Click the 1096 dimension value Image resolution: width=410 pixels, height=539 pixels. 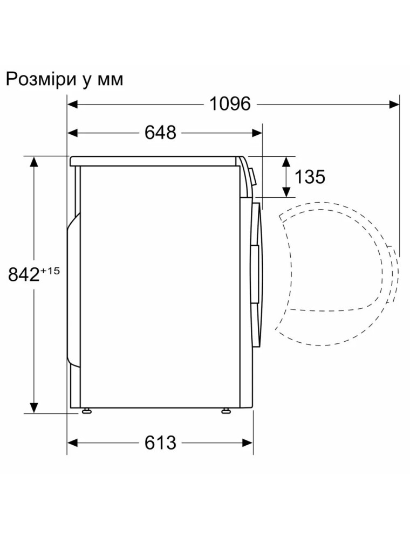(230, 104)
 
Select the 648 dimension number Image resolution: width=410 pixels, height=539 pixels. (160, 133)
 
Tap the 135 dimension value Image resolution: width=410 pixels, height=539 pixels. (310, 177)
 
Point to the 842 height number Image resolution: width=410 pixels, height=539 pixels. (24, 275)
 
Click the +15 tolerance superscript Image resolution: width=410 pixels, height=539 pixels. (50, 271)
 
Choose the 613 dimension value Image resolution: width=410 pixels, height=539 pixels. (160, 443)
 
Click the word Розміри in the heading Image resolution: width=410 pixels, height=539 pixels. (41, 80)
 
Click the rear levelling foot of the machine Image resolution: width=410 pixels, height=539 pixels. (86, 411)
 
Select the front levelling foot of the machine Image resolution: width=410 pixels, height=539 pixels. (226, 411)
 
